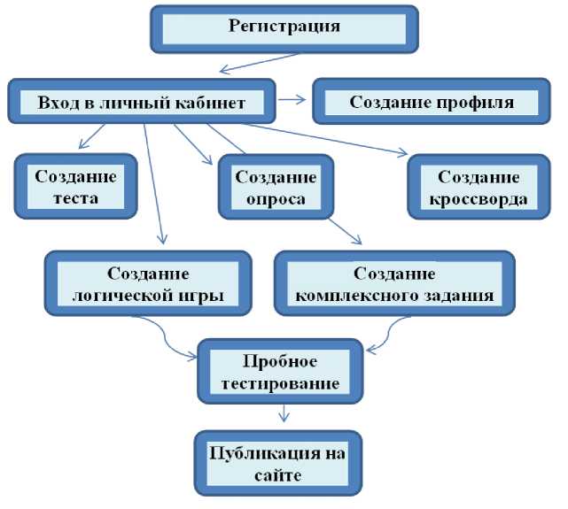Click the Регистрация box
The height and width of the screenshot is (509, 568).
pos(284,27)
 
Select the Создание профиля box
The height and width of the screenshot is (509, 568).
pos(431,102)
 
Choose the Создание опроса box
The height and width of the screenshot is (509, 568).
pos(275,187)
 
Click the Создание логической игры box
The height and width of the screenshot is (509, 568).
pos(145,283)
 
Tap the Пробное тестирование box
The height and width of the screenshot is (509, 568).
pos(279,373)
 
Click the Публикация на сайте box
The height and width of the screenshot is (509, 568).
pos(280,464)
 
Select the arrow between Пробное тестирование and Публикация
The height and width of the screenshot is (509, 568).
pos(283,413)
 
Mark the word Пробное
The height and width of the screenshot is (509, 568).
pos(280,361)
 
